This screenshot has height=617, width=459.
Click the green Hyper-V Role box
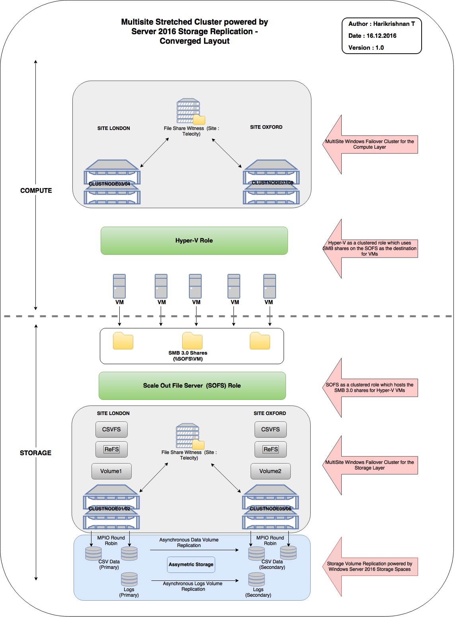coord(194,241)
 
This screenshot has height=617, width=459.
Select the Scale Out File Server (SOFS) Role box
coord(192,386)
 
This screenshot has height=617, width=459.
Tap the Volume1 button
coord(111,471)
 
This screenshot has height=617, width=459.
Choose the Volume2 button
coord(270,471)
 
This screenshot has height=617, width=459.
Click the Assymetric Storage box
coord(191,565)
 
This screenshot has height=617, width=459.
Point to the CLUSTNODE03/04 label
coord(109,184)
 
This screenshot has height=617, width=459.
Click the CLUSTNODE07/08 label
coord(272,183)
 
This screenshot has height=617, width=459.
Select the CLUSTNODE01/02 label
coord(109,509)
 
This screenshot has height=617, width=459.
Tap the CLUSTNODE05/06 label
coord(270,509)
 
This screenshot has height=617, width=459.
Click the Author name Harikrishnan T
coord(394,24)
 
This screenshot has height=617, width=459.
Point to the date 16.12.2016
coord(381,36)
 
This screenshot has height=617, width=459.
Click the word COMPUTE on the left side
coord(36,191)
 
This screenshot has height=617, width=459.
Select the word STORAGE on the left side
coord(36,453)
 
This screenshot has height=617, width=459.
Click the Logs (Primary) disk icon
coord(129,579)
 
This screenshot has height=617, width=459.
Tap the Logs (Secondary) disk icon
coord(257,579)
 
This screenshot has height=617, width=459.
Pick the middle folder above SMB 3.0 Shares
coord(192,341)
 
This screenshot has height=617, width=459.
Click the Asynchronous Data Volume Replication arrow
coord(194,550)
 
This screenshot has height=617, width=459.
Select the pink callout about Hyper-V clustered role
coord(370,248)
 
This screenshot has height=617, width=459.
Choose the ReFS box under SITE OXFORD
coord(270,449)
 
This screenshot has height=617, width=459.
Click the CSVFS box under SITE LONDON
coord(111,429)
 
